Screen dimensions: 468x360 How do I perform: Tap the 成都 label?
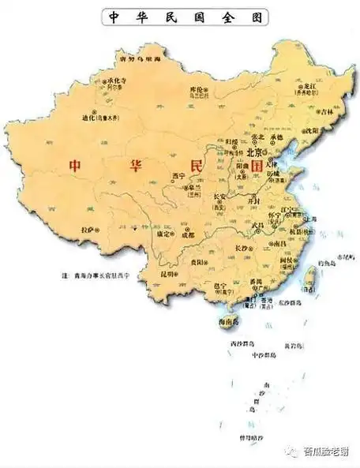[186, 234]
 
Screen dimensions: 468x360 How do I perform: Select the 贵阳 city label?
[208, 257]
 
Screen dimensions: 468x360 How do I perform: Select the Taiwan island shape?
[309, 276]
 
